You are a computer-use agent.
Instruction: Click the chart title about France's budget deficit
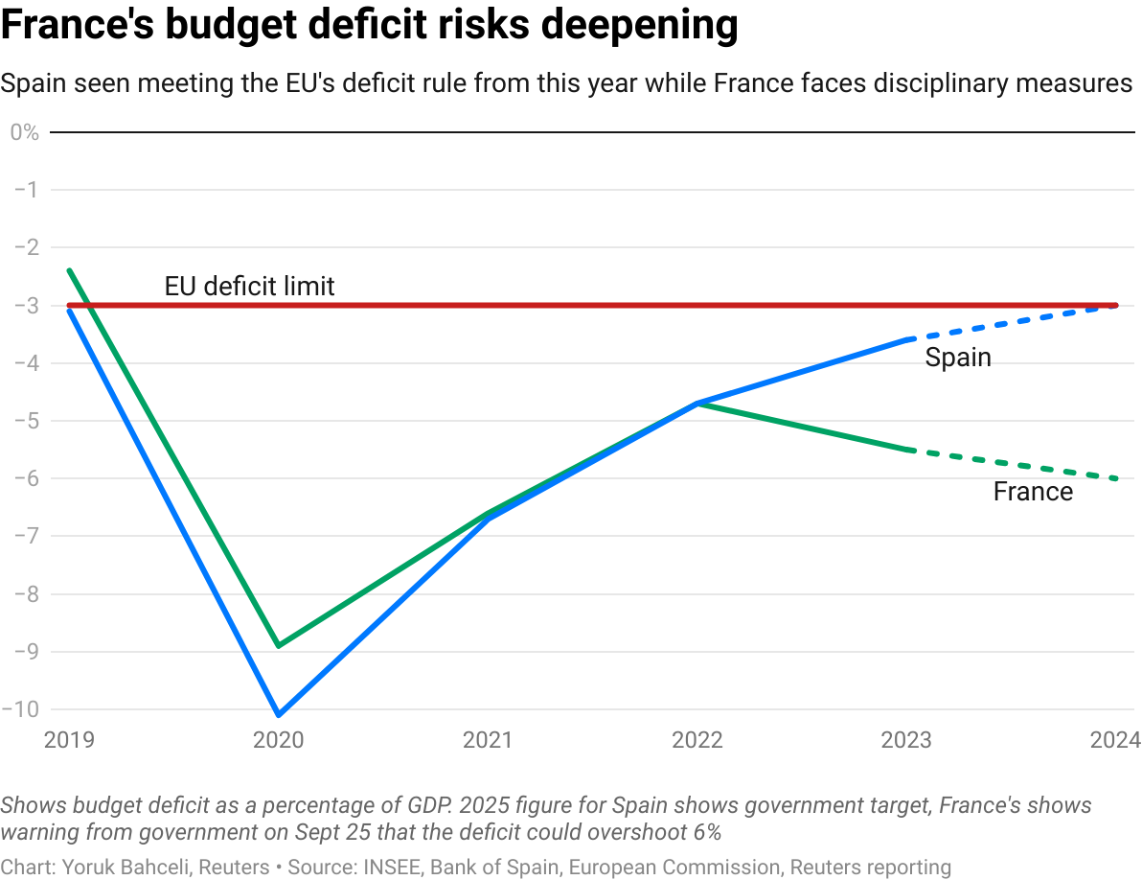point(369,26)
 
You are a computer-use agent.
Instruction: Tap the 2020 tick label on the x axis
point(278,740)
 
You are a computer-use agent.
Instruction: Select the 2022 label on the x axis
point(697,740)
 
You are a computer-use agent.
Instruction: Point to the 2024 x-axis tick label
point(1115,740)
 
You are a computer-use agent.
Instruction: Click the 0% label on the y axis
point(24,132)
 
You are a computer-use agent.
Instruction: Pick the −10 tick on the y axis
point(23,710)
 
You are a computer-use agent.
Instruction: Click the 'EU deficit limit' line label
point(249,286)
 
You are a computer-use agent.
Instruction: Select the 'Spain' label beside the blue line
point(957,359)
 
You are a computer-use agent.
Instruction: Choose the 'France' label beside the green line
point(1033,492)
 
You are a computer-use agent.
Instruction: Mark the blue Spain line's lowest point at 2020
point(278,715)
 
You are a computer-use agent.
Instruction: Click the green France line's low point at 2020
point(278,646)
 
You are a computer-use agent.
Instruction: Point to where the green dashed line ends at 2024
point(1117,479)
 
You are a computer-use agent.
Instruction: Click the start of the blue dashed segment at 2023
point(907,339)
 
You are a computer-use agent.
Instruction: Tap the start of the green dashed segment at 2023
point(907,449)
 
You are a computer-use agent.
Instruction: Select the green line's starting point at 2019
point(69,270)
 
